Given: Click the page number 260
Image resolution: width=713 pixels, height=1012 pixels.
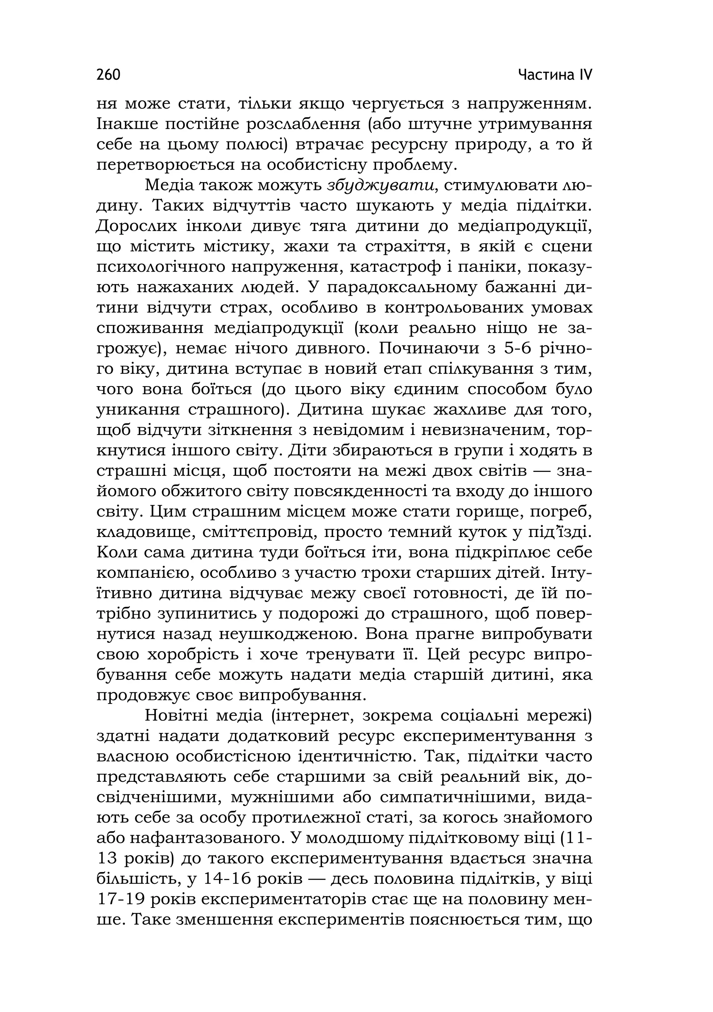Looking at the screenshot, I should coord(108,75).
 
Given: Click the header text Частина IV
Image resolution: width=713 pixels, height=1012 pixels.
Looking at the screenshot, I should coord(555,75).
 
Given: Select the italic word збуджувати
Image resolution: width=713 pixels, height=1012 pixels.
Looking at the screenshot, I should coord(383,185).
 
